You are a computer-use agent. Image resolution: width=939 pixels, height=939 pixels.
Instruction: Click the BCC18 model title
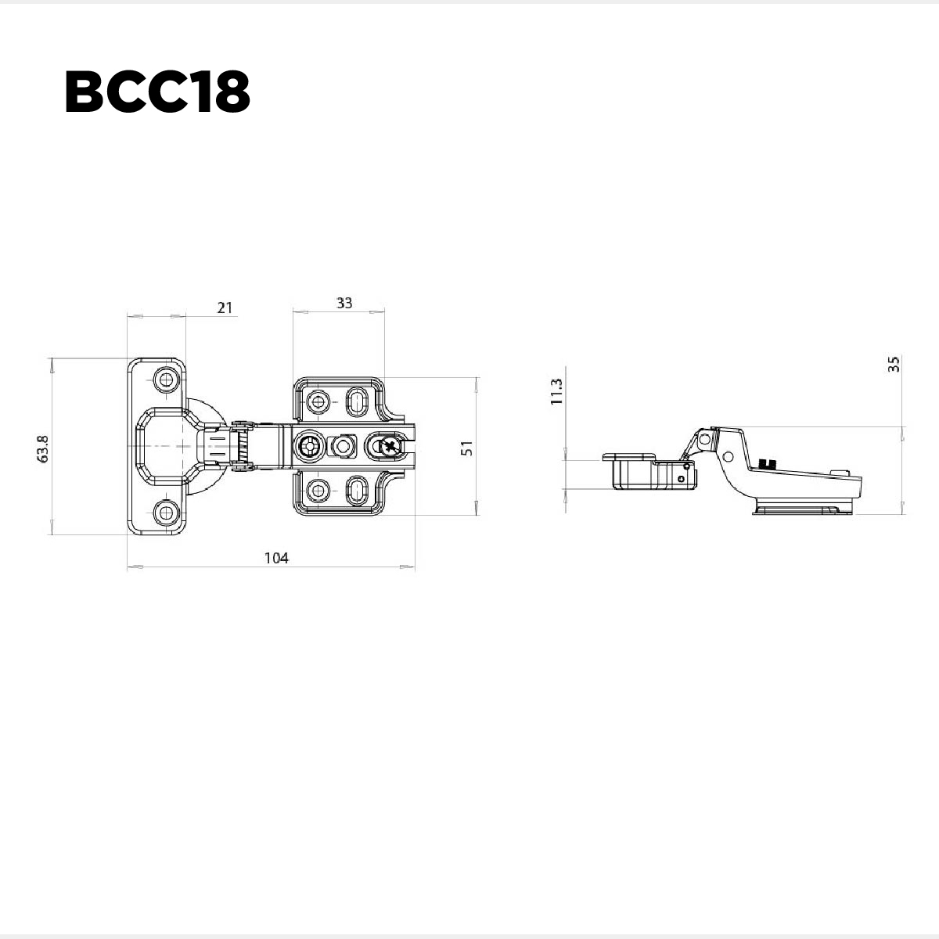157,92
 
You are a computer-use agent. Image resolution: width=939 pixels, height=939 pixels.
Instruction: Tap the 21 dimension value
225,308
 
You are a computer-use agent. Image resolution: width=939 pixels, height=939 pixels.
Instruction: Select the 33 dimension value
344,303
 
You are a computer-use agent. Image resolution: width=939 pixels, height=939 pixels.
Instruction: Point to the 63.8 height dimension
43,449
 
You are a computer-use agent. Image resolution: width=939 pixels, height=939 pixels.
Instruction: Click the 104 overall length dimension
276,558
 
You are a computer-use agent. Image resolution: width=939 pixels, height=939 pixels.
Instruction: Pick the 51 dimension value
467,448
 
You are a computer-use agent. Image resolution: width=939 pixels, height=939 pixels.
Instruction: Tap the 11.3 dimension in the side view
556,391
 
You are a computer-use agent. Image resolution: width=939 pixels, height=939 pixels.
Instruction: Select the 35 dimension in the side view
894,364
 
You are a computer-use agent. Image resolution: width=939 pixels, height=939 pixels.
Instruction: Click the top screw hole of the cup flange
166,380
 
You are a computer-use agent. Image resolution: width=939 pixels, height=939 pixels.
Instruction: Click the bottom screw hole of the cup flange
166,513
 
